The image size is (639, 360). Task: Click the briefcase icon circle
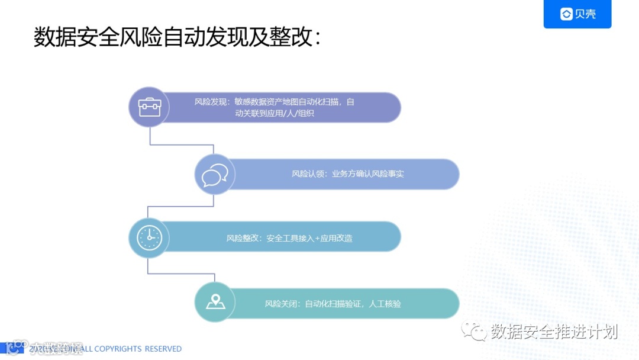pos(149,107)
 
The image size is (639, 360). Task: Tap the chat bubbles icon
pos(215,175)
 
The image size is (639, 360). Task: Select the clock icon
pos(149,238)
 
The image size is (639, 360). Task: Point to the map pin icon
pos(215,302)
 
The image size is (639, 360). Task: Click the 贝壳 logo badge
pos(577,14)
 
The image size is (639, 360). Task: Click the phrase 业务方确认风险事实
pos(367,174)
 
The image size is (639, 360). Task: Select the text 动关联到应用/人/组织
pos(274,113)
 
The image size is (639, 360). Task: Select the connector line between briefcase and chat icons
pos(181,144)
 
